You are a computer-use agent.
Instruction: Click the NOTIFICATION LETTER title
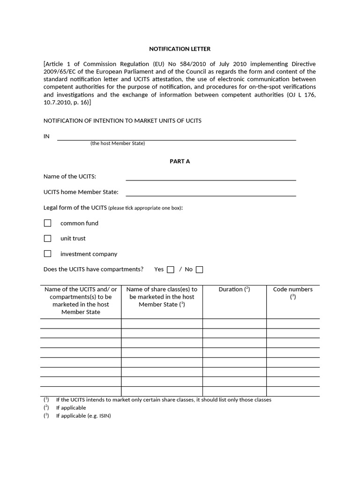(180, 48)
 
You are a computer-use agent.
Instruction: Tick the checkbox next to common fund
(47, 223)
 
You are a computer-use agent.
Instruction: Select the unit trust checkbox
(47, 238)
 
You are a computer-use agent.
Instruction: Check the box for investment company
(47, 254)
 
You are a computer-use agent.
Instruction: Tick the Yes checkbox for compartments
(171, 270)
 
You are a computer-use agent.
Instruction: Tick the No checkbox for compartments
(199, 270)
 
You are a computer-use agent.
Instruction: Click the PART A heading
(180, 161)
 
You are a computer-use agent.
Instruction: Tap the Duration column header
(234, 289)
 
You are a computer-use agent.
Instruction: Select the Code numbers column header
(292, 290)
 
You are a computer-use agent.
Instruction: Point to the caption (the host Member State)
(118, 143)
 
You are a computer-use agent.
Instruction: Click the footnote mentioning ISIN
(83, 416)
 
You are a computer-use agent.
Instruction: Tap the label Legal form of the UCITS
(75, 208)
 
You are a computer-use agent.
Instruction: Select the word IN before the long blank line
(46, 136)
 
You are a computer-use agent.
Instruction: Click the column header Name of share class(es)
(162, 297)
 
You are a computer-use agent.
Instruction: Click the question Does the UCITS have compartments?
(93, 269)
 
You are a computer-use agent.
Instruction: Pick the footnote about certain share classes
(163, 400)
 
